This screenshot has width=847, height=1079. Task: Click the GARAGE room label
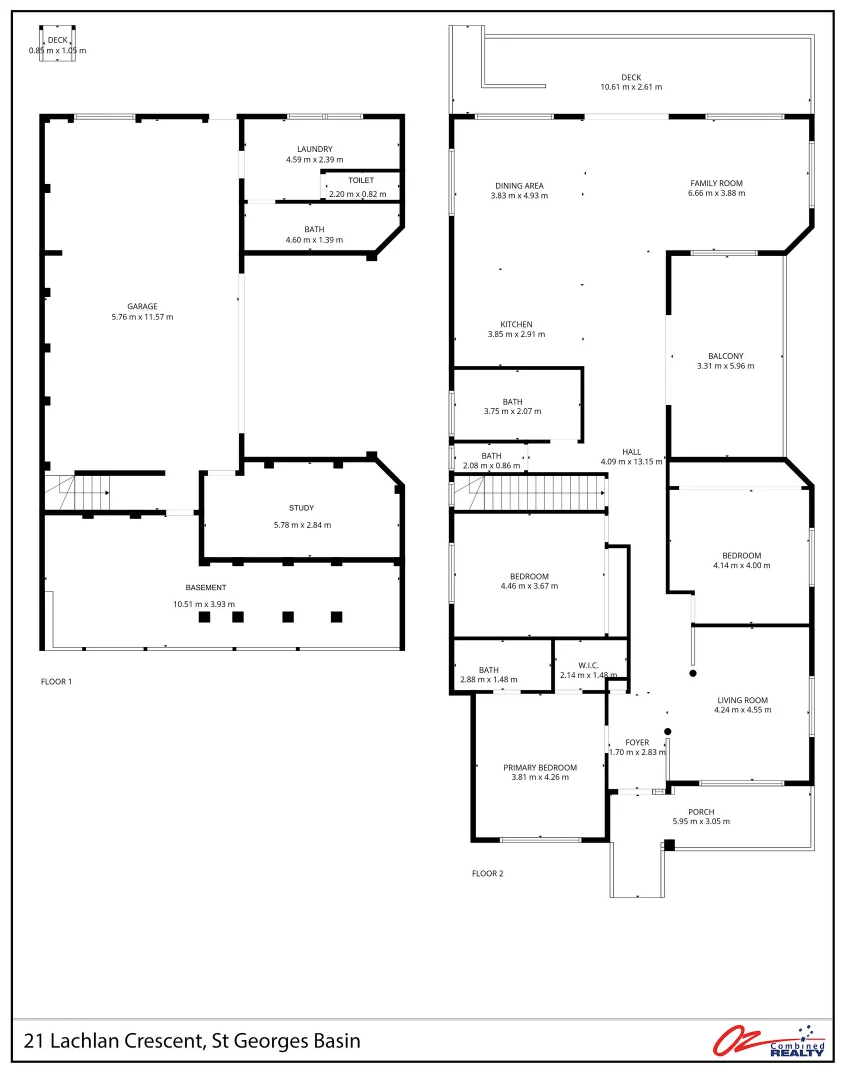tap(142, 307)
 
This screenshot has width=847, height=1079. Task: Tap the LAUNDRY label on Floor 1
tap(314, 150)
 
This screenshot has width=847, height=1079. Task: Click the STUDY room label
tap(302, 508)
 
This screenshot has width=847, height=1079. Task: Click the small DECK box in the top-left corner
tap(58, 45)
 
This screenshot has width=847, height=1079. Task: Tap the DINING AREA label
tap(519, 185)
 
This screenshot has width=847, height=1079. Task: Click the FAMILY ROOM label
tap(716, 184)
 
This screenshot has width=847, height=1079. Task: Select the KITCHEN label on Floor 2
tap(516, 324)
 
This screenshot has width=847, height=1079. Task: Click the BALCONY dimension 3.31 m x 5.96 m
tap(726, 367)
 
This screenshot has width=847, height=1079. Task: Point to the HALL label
tap(631, 451)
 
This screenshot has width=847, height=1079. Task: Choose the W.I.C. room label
tap(589, 665)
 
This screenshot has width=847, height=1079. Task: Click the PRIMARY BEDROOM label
tap(540, 767)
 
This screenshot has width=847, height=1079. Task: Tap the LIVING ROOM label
tap(742, 700)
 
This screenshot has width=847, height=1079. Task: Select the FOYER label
tap(637, 742)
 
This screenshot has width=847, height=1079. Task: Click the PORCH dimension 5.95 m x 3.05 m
tap(701, 822)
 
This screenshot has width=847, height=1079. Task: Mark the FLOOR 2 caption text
tap(488, 874)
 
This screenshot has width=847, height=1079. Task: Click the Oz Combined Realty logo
tap(769, 1041)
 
